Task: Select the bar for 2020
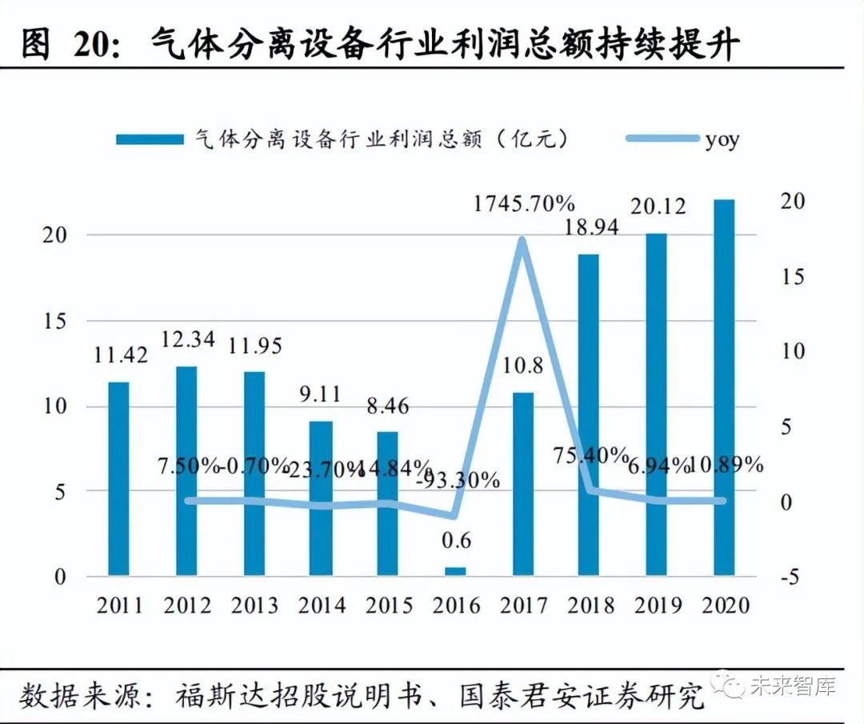click(x=724, y=387)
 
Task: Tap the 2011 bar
click(x=119, y=478)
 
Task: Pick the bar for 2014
click(x=321, y=498)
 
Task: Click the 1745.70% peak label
click(x=525, y=204)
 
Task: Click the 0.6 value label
click(x=455, y=542)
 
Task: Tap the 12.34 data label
click(x=186, y=339)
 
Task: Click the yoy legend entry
click(x=722, y=140)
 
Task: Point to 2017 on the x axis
click(x=522, y=605)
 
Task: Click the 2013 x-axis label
click(x=254, y=605)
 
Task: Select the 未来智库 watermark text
click(x=792, y=686)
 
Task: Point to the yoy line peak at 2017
click(x=522, y=240)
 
